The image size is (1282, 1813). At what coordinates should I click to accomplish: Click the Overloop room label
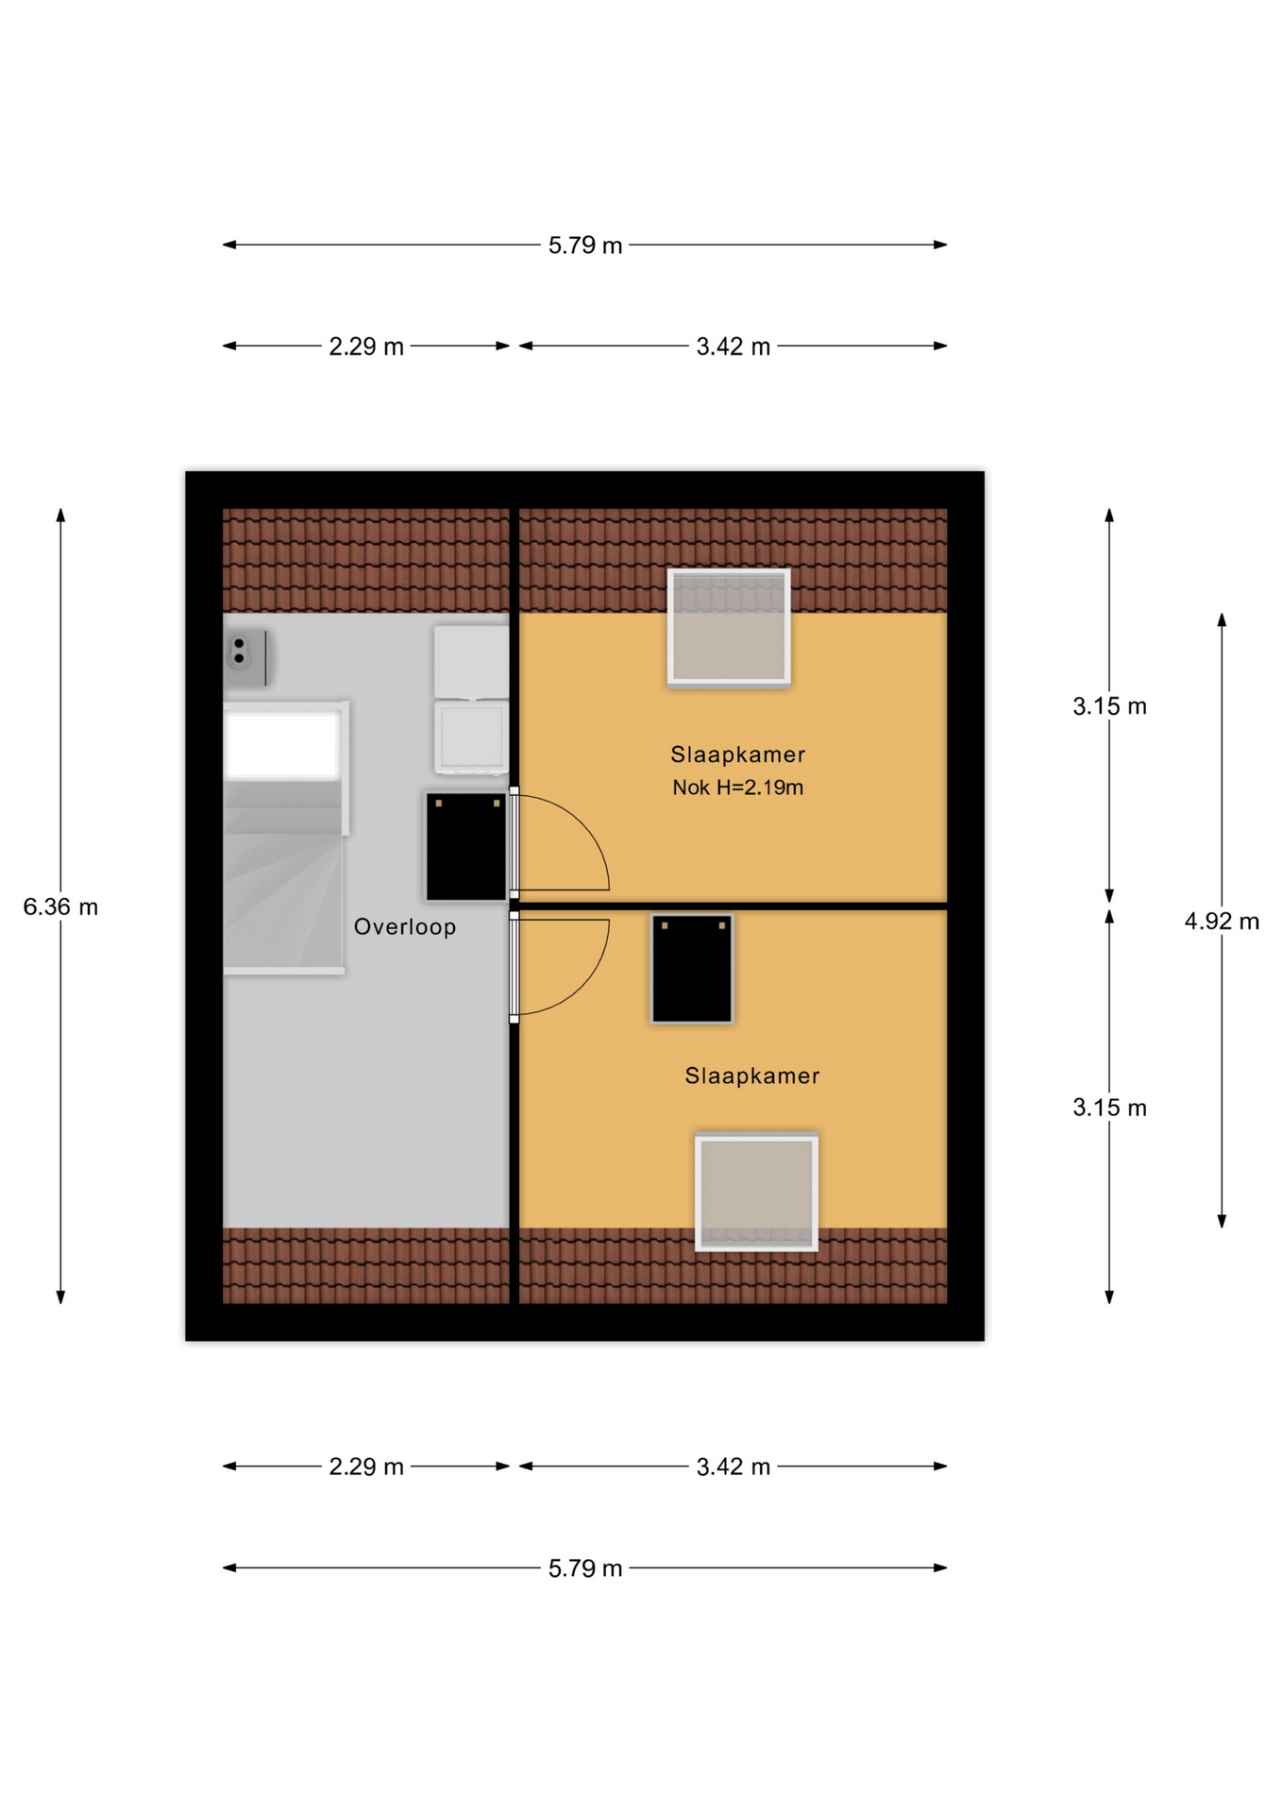click(x=405, y=927)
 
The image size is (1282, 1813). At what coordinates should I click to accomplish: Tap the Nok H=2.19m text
click(x=737, y=788)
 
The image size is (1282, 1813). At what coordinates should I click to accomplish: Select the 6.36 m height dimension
click(x=60, y=906)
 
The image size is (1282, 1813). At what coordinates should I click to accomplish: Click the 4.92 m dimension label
click(x=1222, y=921)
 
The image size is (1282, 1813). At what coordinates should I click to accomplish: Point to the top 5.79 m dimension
click(x=585, y=246)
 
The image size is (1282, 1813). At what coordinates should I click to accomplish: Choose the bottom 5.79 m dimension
click(x=585, y=1568)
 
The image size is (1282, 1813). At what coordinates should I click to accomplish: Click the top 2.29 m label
click(x=366, y=347)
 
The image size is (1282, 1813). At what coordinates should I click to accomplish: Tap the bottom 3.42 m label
click(x=734, y=1466)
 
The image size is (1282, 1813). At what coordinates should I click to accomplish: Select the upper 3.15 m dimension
click(x=1109, y=705)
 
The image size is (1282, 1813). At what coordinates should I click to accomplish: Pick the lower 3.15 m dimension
click(x=1109, y=1108)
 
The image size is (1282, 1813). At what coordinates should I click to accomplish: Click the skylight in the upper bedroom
click(x=729, y=627)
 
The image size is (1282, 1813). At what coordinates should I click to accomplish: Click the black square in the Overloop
click(x=466, y=847)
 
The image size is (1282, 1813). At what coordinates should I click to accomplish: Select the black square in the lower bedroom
click(x=692, y=968)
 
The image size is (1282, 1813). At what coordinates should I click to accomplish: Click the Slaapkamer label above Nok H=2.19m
click(x=737, y=754)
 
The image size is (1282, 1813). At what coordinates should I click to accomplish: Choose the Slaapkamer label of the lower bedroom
click(x=752, y=1076)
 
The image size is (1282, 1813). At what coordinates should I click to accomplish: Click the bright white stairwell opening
click(x=282, y=746)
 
